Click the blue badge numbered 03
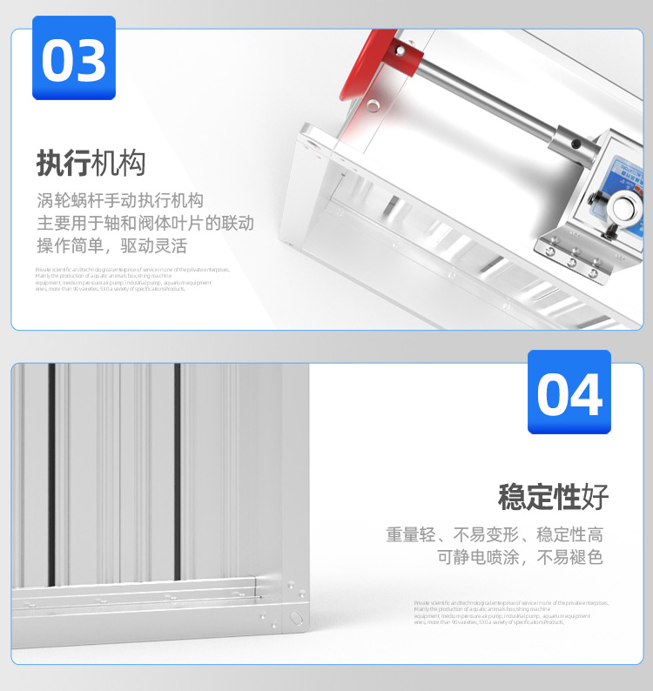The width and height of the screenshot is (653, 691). coord(74,57)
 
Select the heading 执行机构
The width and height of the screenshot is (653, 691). coord(91,163)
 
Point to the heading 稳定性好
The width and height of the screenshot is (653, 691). coord(553,498)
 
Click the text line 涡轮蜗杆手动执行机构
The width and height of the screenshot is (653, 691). coord(120,199)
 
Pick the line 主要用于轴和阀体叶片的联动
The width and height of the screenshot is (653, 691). coord(145,222)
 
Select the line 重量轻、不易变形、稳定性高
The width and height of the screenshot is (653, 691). coord(495,534)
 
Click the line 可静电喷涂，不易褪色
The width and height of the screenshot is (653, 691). coord(520,558)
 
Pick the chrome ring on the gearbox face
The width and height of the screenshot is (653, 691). coord(624,208)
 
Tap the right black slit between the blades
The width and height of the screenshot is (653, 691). coord(178,470)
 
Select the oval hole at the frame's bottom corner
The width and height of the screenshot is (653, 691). coord(293,618)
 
